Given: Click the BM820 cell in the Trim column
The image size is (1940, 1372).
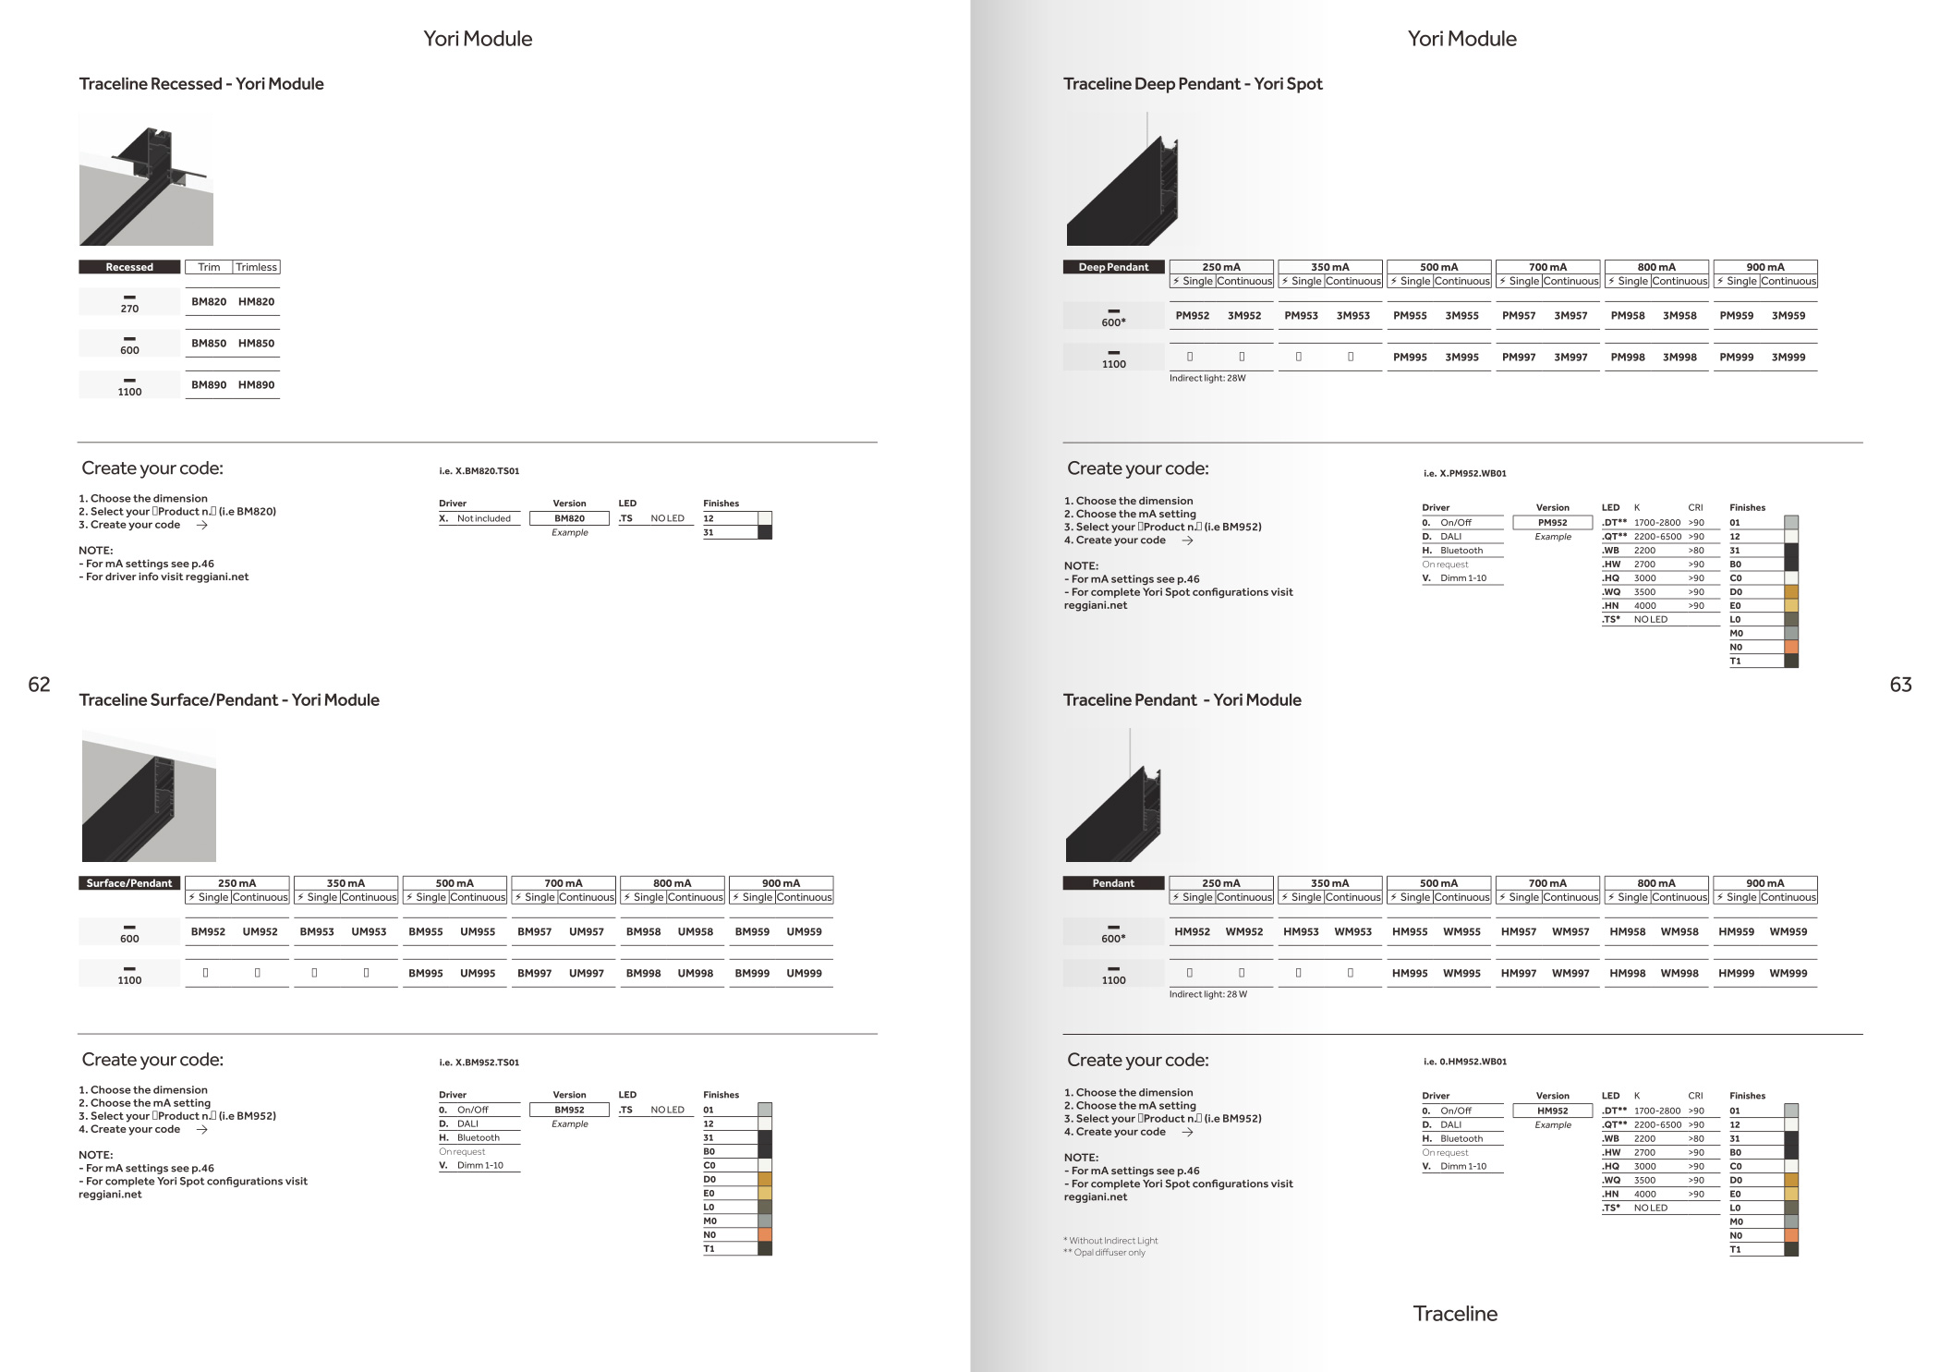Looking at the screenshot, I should [209, 302].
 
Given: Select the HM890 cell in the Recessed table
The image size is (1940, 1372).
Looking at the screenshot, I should [256, 385].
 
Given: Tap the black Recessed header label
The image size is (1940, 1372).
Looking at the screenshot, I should [129, 267].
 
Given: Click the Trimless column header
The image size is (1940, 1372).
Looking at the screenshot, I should [256, 267].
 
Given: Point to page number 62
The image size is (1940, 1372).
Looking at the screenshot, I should [39, 685].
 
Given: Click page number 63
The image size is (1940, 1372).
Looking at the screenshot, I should [1900, 685].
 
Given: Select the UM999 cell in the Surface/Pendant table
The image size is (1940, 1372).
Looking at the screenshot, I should [804, 974].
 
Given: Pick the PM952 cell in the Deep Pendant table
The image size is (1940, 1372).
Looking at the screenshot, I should [1192, 316].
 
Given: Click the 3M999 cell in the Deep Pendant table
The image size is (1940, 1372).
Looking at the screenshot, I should [1788, 358].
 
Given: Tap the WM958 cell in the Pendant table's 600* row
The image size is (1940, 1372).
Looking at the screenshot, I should [1679, 932].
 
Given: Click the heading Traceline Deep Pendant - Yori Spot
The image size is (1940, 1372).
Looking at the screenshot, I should [1193, 84].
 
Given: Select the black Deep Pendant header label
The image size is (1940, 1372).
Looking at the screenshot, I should [1113, 267].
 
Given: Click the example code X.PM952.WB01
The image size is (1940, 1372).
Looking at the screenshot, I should [1465, 474].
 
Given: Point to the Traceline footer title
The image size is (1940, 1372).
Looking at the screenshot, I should [1455, 1314].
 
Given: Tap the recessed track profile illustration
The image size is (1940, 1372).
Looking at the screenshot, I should [146, 179].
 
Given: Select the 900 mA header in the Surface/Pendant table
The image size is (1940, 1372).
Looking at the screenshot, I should [781, 883].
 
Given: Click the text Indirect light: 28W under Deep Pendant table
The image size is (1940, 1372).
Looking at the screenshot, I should [1207, 379].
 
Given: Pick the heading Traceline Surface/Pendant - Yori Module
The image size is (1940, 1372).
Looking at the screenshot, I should [229, 700].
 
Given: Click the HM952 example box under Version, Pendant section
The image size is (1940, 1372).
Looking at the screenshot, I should [1552, 1111].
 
